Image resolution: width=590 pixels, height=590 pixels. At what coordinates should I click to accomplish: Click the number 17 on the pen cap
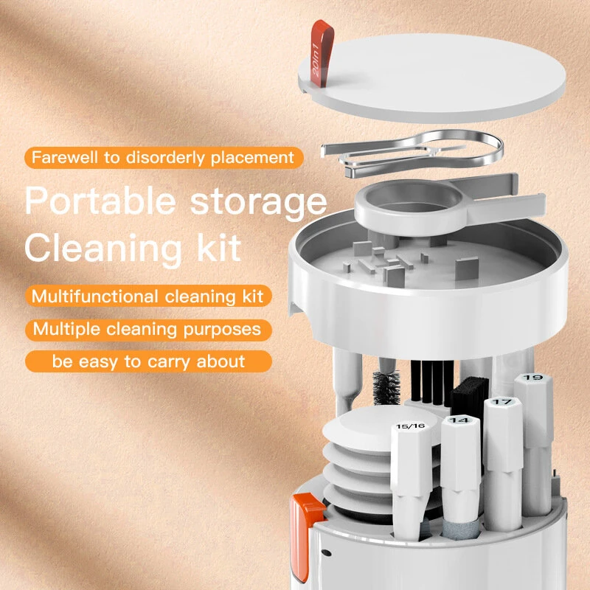coord(502,403)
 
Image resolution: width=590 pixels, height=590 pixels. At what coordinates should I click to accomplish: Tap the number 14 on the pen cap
coord(459,420)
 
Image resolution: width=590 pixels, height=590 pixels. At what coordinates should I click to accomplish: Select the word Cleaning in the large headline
coord(97,248)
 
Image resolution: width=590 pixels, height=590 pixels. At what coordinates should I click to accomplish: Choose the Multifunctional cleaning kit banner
coord(147,296)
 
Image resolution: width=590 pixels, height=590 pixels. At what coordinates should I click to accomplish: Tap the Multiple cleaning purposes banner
coord(147,329)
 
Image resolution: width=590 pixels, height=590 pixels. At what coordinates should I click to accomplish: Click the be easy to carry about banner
coord(147,361)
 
